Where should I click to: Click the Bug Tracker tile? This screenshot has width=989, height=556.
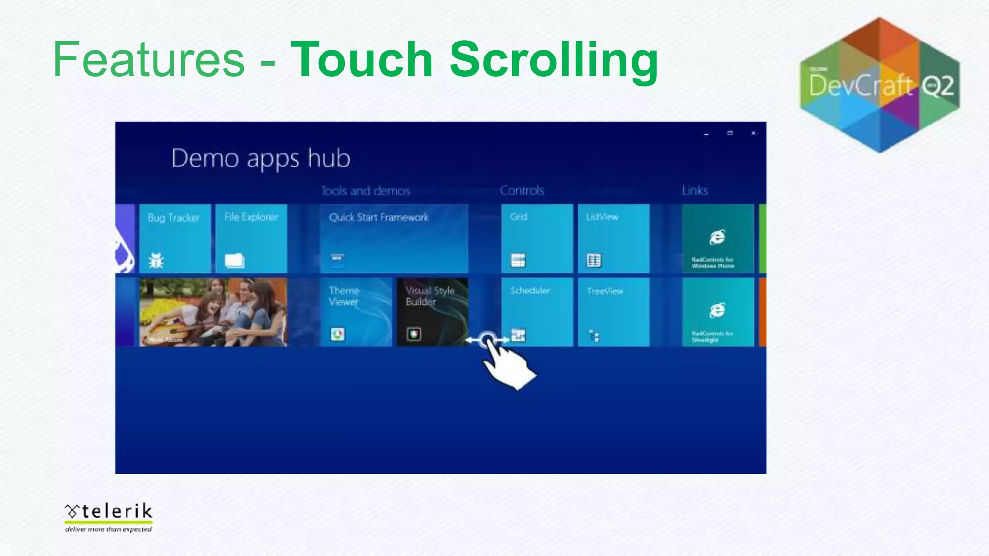175,238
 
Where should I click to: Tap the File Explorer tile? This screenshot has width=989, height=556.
251,238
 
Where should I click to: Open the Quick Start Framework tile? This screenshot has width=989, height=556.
394,238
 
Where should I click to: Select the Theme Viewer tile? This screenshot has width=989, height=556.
356,312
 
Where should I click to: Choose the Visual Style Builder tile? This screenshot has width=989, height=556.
432,312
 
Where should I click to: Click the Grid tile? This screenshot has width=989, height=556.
537,238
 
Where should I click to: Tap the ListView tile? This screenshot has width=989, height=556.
613,238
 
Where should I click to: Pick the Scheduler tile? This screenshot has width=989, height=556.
537,312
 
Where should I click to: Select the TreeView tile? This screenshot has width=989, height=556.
613,312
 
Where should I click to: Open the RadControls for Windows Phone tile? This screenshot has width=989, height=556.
718,238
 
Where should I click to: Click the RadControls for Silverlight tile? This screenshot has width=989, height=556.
718,312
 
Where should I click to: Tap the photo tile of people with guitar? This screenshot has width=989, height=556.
213,312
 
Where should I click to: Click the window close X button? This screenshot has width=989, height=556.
753,133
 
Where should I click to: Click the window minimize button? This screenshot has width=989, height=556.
706,134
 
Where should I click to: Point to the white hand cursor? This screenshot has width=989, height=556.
507,364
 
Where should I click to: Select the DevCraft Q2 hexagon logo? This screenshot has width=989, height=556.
879,85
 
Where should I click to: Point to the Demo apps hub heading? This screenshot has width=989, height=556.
261,158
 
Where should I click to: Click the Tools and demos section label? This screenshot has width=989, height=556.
366,191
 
